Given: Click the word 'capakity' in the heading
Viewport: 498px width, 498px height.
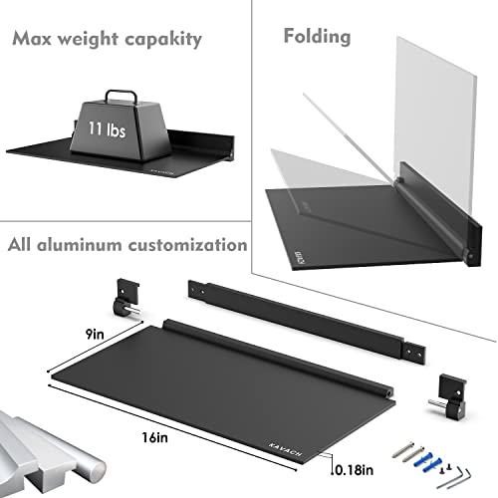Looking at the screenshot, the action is pos(163,40).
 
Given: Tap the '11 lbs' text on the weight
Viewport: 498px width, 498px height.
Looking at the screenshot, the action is pos(107,128).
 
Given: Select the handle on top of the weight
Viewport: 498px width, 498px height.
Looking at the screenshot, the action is pos(121,96).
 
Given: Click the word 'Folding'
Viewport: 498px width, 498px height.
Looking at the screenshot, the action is pos(317,37).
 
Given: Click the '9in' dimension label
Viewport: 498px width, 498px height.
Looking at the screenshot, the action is pos(95,334).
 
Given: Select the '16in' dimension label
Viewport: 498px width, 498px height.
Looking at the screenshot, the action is pos(154,437).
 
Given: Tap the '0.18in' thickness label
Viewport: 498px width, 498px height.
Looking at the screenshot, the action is pos(354,470).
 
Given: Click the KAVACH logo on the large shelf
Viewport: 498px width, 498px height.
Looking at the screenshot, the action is pos(286,449).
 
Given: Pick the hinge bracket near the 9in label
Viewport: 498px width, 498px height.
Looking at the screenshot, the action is pos(127,297).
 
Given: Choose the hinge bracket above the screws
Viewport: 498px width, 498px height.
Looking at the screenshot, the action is pos(449,395).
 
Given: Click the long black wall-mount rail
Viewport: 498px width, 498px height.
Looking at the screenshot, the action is pos(307,322).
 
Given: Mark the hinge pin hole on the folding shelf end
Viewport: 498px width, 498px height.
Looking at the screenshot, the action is pos(470,257).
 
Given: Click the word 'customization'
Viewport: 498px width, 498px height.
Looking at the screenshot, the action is pos(188,245).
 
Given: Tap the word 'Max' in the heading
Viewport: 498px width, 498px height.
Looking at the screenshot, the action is pos(32,39).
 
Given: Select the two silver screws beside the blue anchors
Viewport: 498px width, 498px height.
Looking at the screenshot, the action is pos(407,452).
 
